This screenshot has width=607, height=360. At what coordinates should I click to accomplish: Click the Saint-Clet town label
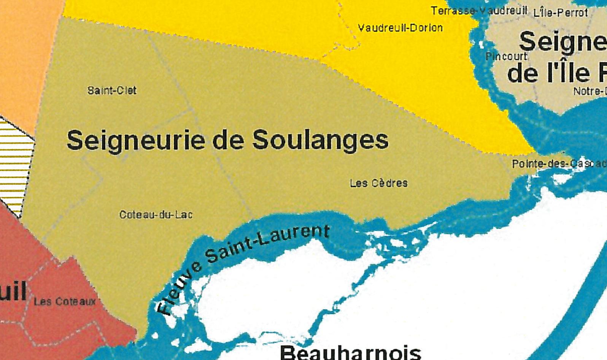pyautogui.click(x=112, y=90)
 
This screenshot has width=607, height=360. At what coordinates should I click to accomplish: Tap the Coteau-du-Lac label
pyautogui.click(x=156, y=215)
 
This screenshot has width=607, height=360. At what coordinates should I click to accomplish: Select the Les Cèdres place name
pyautogui.click(x=378, y=183)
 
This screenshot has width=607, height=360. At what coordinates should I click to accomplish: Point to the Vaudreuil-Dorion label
pyautogui.click(x=400, y=28)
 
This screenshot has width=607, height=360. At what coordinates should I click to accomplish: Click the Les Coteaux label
pyautogui.click(x=65, y=302)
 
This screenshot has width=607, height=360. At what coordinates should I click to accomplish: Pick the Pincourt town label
pyautogui.click(x=506, y=57)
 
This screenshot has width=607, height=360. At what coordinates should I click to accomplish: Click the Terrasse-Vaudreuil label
pyautogui.click(x=479, y=11)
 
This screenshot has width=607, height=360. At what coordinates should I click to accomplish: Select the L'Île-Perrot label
pyautogui.click(x=561, y=13)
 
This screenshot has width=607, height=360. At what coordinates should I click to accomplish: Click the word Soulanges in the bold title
pyautogui.click(x=320, y=140)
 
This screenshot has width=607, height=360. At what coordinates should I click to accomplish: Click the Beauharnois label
pyautogui.click(x=350, y=353)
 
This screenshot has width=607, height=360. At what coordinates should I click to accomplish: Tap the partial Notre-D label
pyautogui.click(x=590, y=91)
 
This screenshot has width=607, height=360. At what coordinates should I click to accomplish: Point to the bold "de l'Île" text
pyautogui.click(x=548, y=73)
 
